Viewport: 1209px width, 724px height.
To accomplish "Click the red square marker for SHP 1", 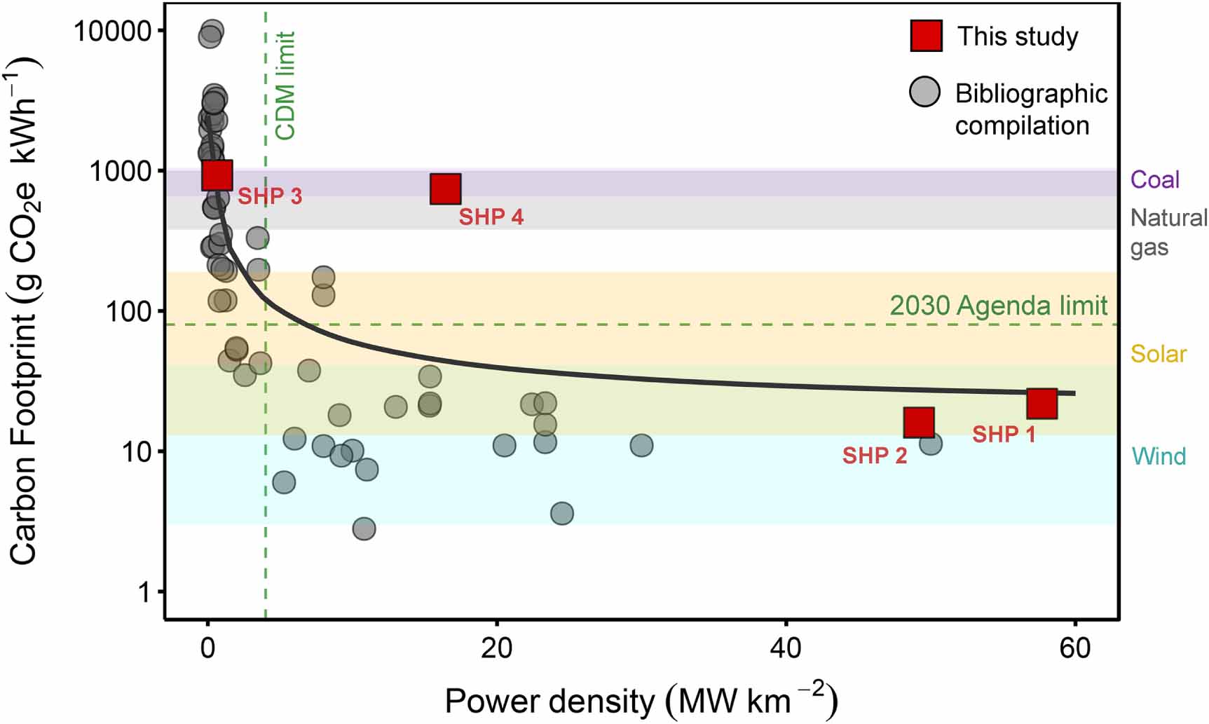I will tap(1041, 404).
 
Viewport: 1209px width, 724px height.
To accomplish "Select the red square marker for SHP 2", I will tap(919, 423).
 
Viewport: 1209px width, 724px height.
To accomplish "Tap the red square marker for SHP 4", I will tap(446, 189).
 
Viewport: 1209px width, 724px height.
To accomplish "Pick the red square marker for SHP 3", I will tap(217, 175).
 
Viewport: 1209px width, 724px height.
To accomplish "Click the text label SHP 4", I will tap(491, 217).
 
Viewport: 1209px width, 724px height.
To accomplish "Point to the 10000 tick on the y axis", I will tap(112, 31).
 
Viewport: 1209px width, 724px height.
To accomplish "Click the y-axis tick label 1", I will tap(144, 592).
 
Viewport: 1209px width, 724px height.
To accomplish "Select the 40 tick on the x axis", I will tap(786, 648).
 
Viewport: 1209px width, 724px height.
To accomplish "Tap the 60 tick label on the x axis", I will tap(1074, 648).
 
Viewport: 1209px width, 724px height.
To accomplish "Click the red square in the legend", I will tap(926, 36).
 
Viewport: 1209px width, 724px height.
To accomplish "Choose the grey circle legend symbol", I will tap(924, 92).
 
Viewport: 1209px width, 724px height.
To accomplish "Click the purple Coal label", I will tap(1154, 180).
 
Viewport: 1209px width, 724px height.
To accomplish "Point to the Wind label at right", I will tap(1159, 457).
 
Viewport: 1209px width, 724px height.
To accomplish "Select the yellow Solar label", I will tap(1158, 355).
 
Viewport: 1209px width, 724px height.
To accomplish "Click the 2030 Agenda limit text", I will tap(998, 306).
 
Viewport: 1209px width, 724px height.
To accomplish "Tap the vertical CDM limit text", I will tap(285, 86).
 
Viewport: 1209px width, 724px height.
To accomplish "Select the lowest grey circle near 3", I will tap(363, 528).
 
